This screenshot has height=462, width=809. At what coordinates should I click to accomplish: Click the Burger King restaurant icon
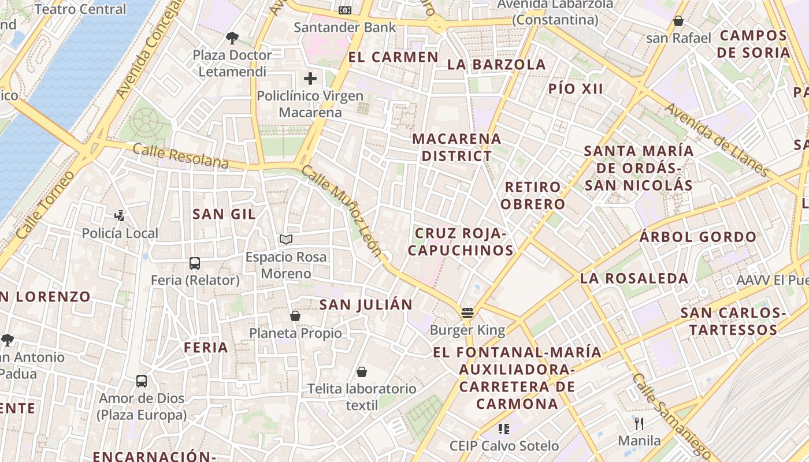click(467, 314)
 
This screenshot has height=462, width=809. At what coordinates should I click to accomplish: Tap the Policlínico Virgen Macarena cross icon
click(310, 79)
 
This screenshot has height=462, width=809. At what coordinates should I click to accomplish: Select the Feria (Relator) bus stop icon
click(195, 263)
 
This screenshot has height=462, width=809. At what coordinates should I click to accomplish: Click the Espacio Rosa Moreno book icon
click(285, 239)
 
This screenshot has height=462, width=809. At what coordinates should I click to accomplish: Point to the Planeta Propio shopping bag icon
click(295, 316)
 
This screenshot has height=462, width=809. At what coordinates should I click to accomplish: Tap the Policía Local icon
click(120, 217)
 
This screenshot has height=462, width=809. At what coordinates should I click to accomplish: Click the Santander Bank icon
click(345, 10)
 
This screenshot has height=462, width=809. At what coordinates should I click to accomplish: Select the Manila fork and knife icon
click(639, 424)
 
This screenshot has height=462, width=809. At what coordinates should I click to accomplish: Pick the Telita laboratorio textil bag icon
click(362, 372)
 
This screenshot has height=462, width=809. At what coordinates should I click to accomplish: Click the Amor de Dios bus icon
click(142, 381)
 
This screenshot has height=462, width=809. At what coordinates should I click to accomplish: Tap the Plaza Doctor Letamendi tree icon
click(232, 38)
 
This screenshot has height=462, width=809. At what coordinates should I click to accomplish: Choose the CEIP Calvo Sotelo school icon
click(504, 429)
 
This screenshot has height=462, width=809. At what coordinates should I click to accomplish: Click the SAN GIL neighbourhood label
click(224, 214)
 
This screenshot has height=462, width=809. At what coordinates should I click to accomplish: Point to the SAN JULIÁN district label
click(366, 305)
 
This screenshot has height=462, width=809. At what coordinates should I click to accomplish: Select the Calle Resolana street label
click(181, 157)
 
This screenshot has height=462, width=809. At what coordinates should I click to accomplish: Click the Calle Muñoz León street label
click(342, 211)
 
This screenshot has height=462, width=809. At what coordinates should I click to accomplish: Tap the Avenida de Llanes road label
click(716, 140)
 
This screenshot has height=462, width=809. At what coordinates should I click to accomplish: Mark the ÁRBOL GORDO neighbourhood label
click(698, 237)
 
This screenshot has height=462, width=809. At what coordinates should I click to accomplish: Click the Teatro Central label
click(80, 9)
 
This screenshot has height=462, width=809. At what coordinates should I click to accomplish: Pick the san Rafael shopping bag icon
click(678, 21)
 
